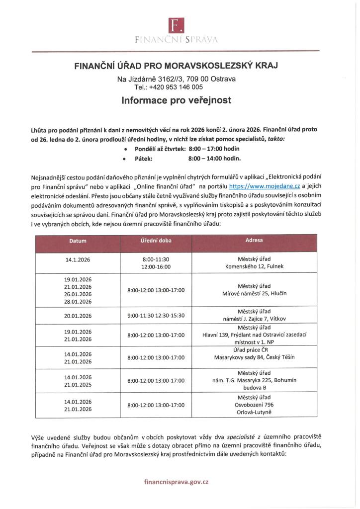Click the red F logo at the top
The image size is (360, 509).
click(x=177, y=23)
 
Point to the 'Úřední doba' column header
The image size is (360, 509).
click(x=156, y=241)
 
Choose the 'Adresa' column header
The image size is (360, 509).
click(x=254, y=241)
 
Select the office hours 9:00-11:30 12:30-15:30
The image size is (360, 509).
click(x=156, y=315)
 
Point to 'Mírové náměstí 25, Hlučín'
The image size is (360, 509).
click(x=254, y=293)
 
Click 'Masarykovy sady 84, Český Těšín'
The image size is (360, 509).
click(x=254, y=357)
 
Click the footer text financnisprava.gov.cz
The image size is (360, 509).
click(x=177, y=482)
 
